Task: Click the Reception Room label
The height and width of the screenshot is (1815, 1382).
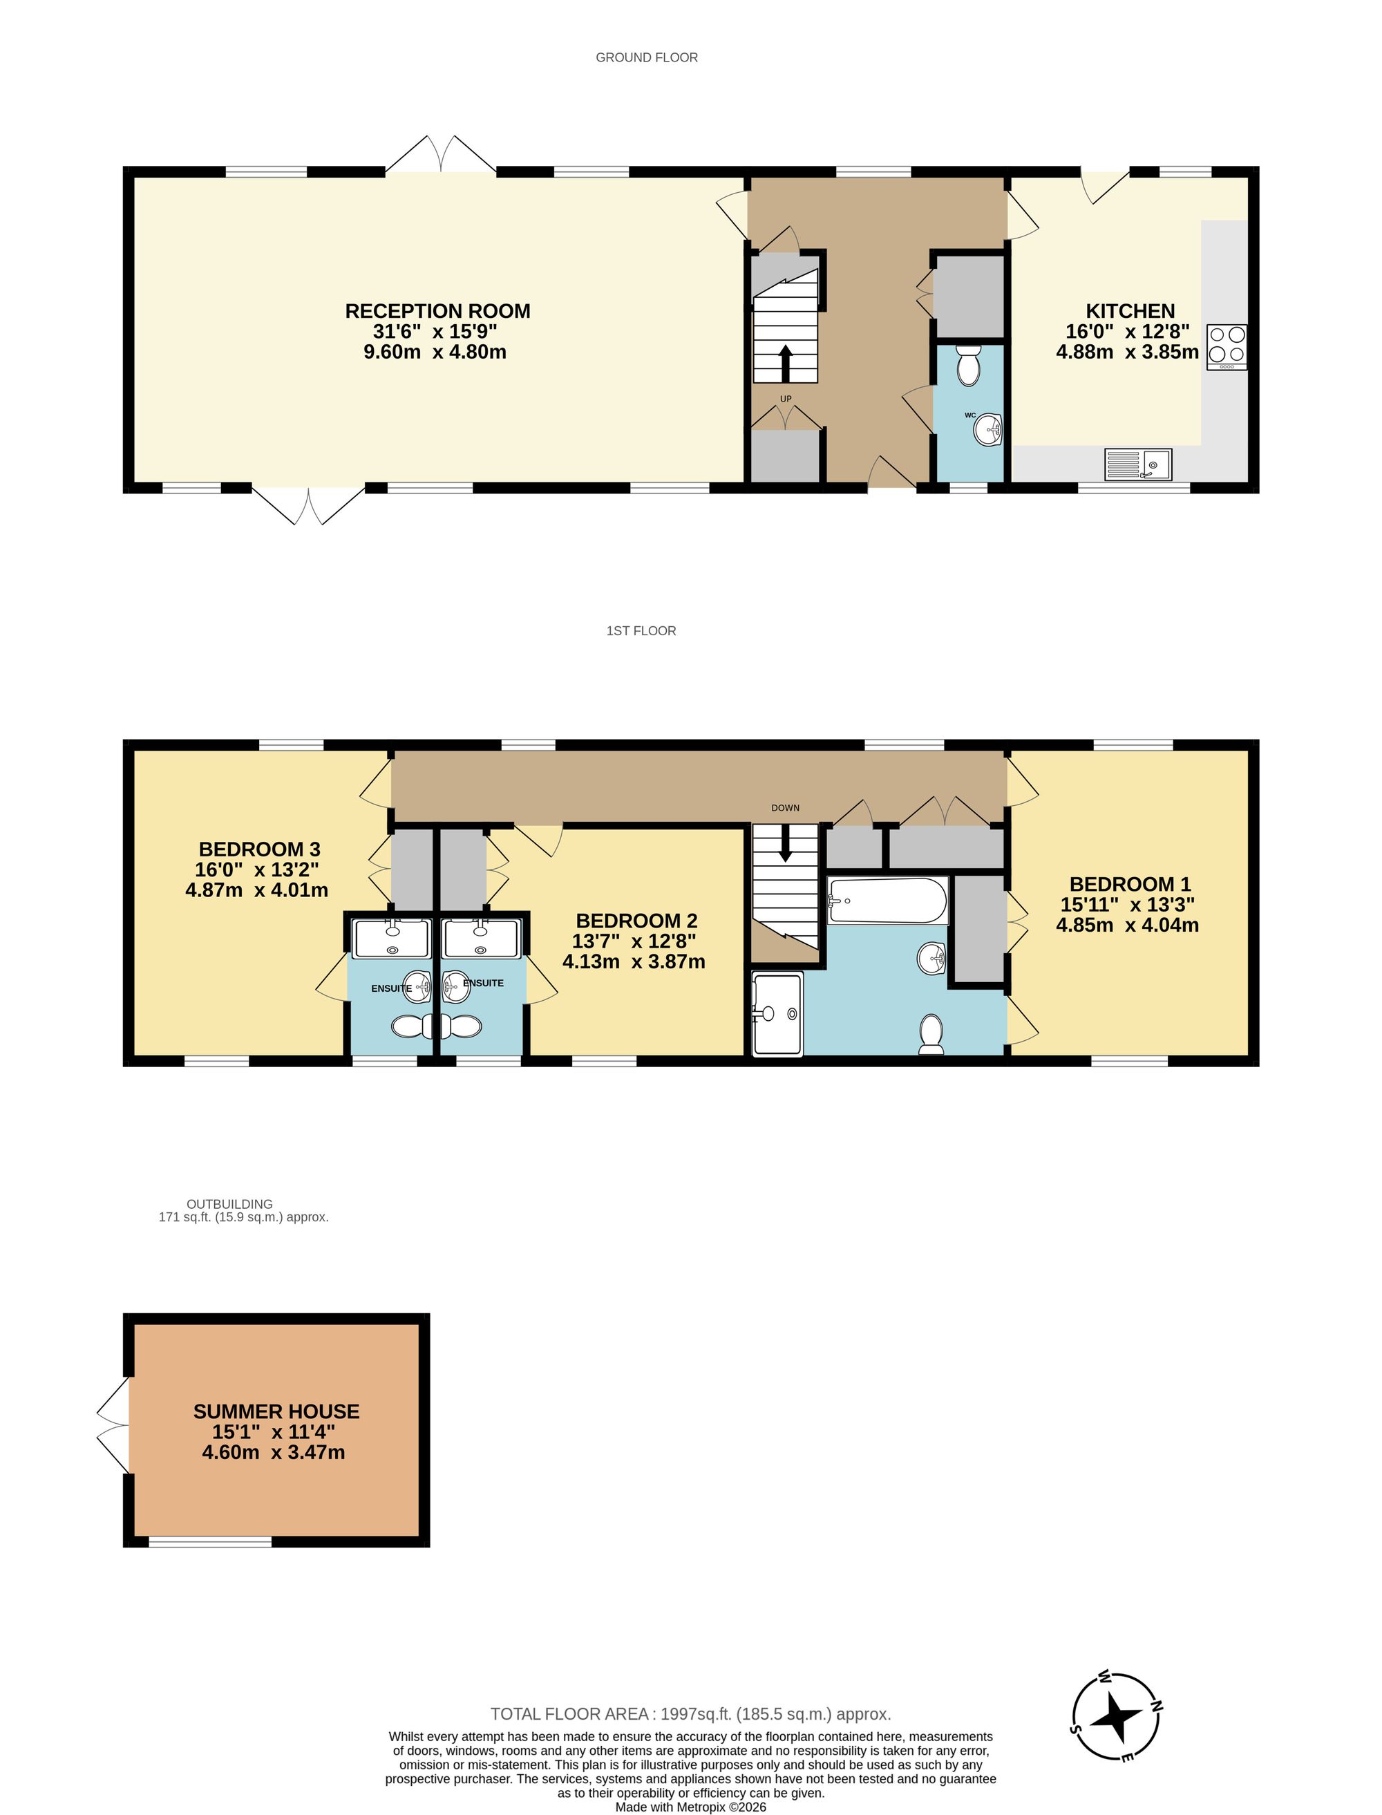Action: (437, 311)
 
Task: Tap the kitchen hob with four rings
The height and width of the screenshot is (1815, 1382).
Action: (1227, 346)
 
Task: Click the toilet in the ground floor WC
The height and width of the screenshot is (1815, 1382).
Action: (969, 366)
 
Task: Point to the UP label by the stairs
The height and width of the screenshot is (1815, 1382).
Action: (786, 399)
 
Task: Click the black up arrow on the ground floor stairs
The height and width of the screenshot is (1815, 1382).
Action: (786, 363)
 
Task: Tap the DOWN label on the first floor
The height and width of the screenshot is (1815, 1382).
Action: (785, 808)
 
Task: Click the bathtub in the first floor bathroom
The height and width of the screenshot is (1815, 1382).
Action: (889, 900)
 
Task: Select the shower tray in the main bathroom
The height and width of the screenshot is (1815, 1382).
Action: (777, 1015)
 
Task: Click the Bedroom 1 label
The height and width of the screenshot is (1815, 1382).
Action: (1130, 885)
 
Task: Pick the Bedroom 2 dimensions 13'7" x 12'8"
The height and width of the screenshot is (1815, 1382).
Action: (634, 941)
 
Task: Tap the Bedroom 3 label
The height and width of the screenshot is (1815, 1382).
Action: (259, 849)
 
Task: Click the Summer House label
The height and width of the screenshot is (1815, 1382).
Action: (276, 1412)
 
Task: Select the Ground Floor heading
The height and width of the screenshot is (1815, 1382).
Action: (647, 57)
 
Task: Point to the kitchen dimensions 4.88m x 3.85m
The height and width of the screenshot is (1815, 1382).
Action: (1127, 352)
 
